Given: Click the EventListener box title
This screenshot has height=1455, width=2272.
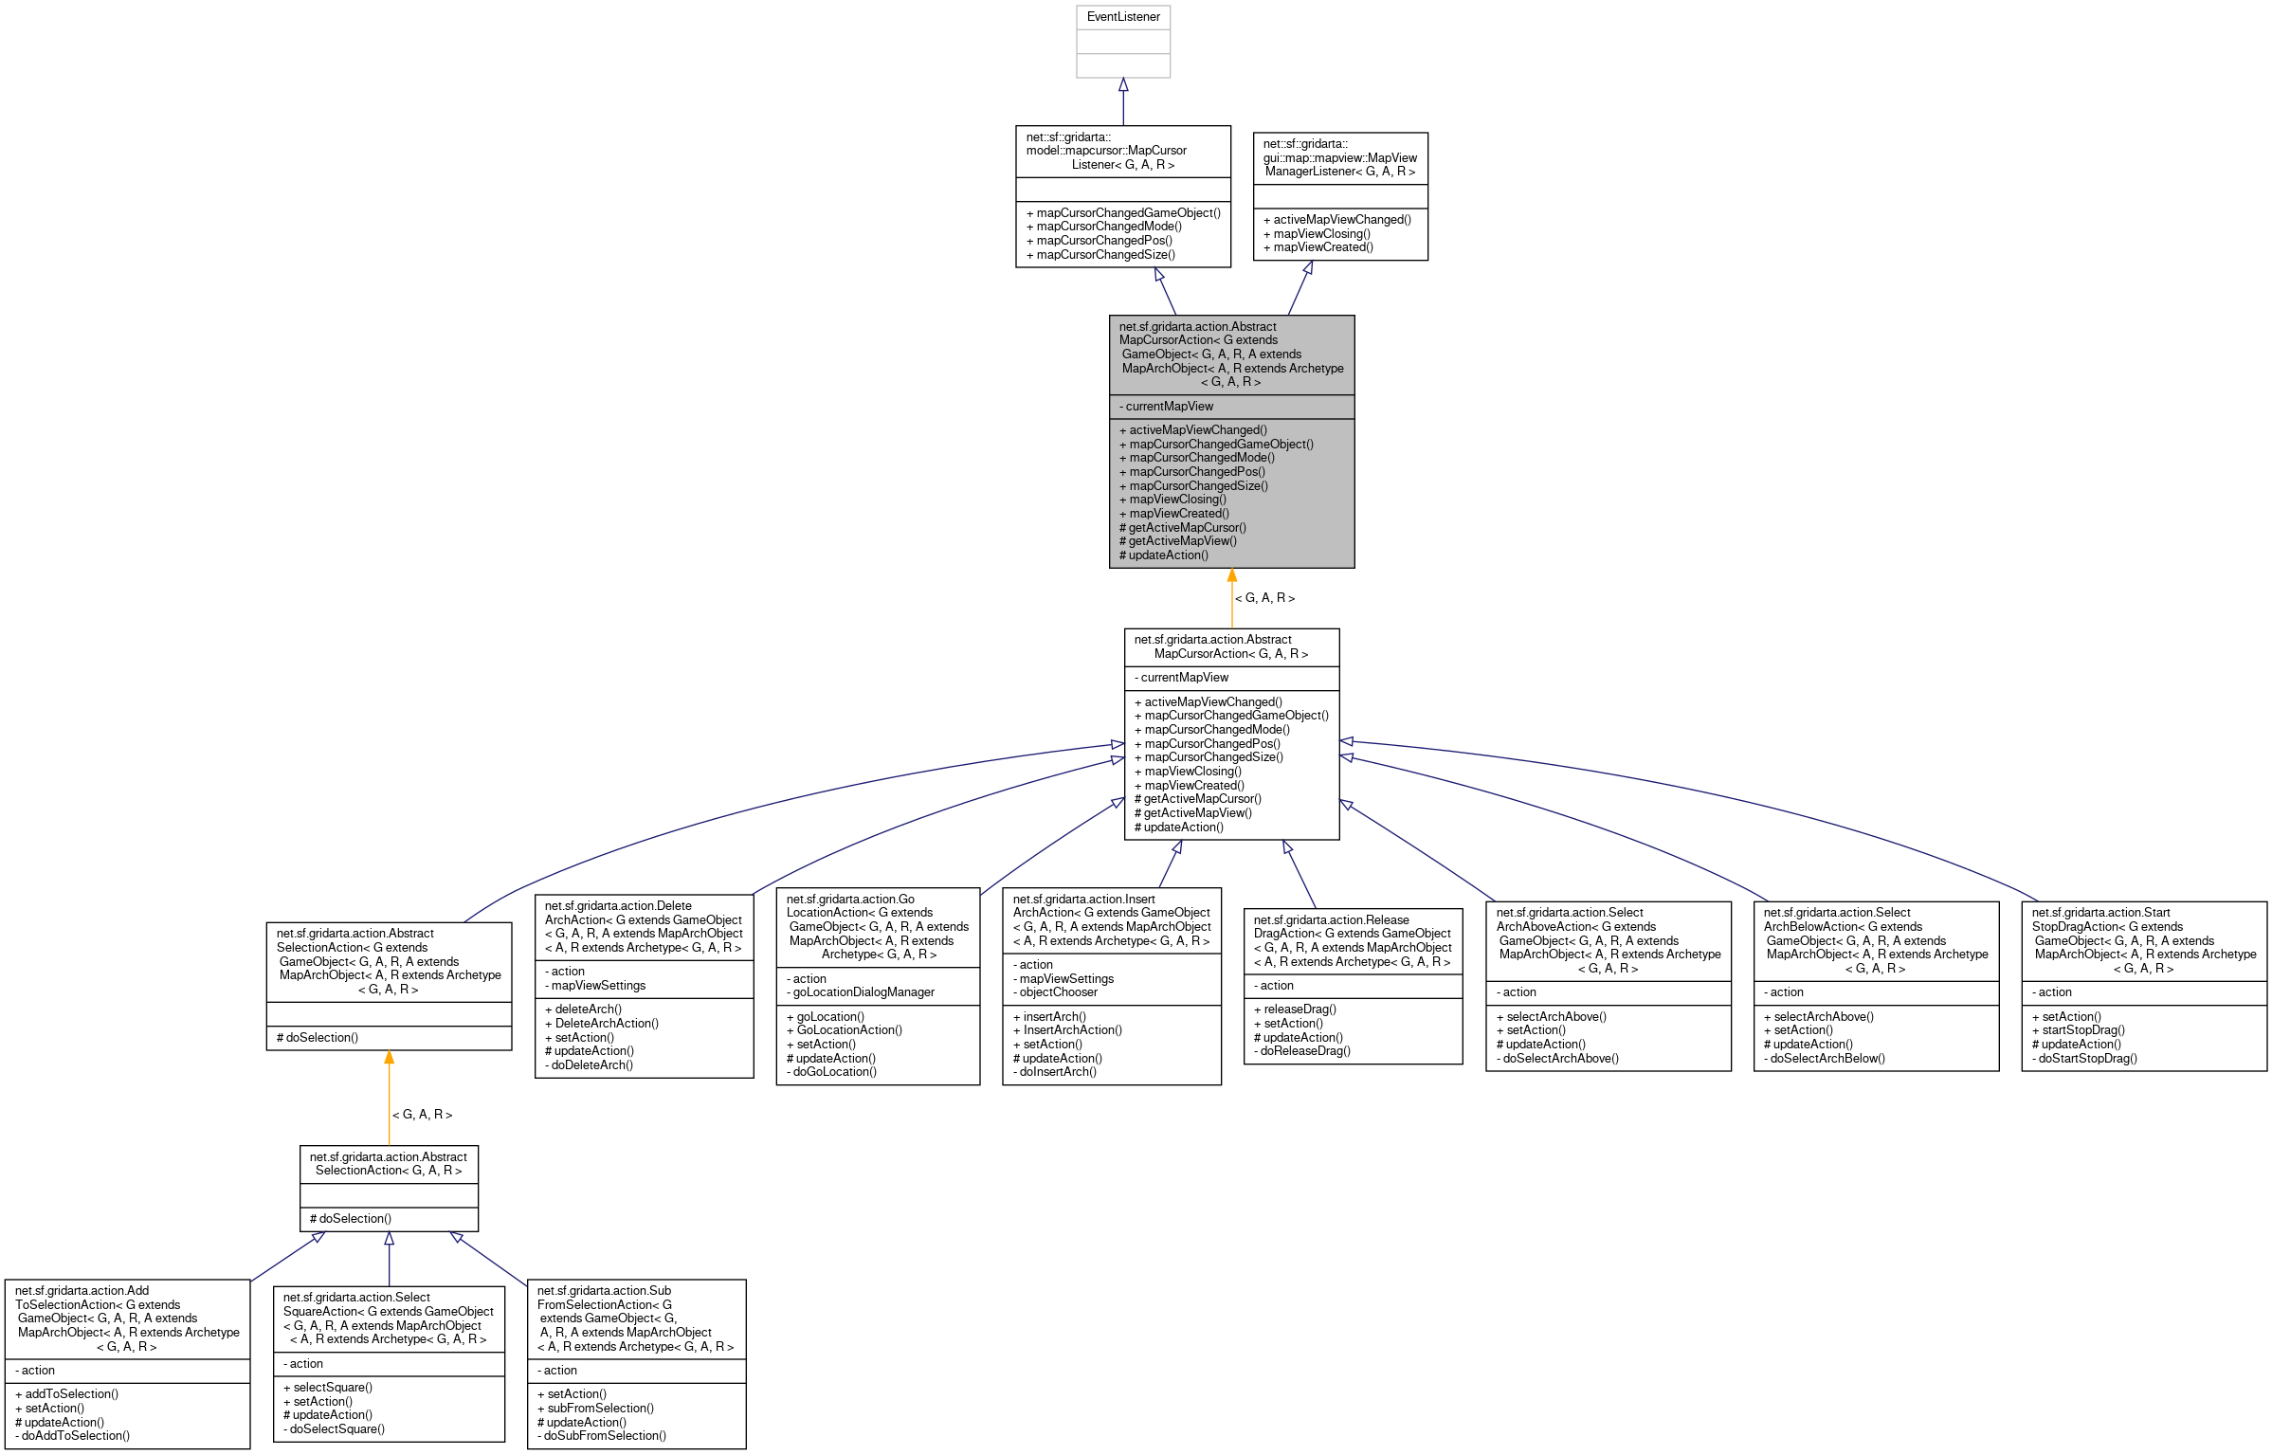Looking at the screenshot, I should pos(1123,17).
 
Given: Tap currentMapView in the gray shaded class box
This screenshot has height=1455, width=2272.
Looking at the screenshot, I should pos(1169,407).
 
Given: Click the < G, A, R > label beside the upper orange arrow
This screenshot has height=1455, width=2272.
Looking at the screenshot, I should pos(1264,598).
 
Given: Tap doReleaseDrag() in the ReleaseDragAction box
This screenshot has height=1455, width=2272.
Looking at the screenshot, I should pos(1305,1051).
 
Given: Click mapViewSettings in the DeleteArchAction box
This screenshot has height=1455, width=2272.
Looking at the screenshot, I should pos(598,986).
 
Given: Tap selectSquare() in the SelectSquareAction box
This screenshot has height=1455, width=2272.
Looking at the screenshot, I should pos(333,1388).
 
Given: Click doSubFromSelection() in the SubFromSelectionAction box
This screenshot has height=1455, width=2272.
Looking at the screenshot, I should pos(605,1436).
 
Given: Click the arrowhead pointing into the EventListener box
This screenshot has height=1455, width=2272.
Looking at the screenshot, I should pos(1123,85).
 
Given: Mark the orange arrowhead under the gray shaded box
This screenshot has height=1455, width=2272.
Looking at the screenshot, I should pos(1231,575).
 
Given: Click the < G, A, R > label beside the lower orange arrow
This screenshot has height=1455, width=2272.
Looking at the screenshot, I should pos(422,1115).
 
